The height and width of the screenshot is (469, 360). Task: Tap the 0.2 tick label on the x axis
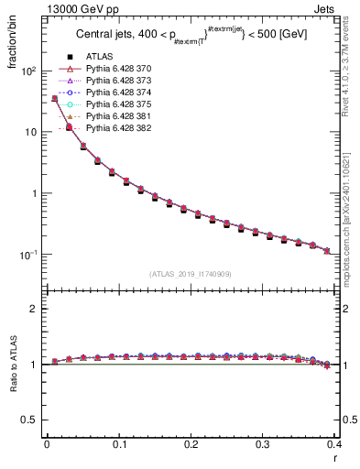coord(191,444)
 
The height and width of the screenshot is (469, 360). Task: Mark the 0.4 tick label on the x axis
coord(333,444)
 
